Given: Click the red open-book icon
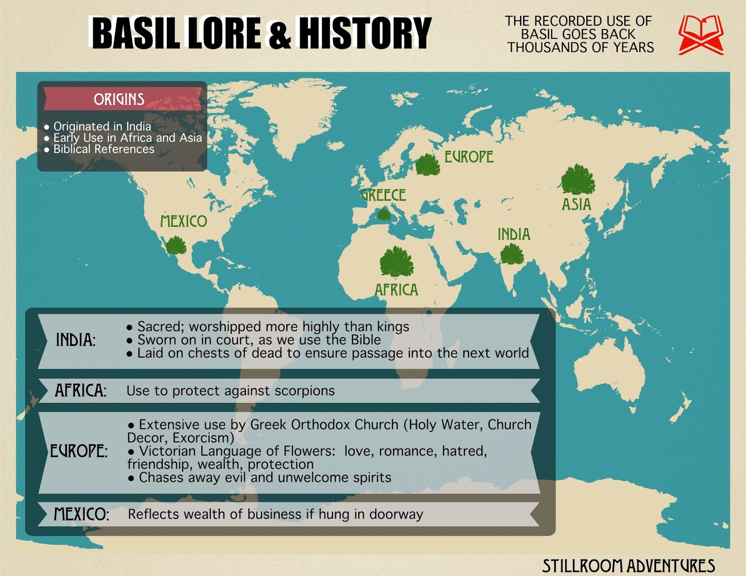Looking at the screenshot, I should coord(700,35).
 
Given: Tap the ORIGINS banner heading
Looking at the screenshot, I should coord(119,99).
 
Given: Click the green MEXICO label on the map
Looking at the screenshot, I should coord(183,221).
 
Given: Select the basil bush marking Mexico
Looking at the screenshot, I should coord(176,245).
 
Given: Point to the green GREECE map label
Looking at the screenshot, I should coord(383,195).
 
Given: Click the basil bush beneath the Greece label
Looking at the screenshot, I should coord(384,214).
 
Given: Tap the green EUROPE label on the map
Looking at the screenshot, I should coord(468,157).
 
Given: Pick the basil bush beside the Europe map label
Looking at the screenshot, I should coord(427,165).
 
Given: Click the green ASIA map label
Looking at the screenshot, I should coord(576,204).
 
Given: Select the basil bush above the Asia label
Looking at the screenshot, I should coord(578,180).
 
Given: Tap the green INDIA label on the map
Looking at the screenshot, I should coord(514,234).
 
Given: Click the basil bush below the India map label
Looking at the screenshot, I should coord(512,255).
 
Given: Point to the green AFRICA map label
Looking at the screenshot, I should coord(396,290).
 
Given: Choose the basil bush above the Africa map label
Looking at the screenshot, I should coord(396,262).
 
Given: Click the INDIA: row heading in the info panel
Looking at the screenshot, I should coord(76,340).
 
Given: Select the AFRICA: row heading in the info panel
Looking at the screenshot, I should coord(80,390).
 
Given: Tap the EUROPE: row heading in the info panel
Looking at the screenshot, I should coord(78,451).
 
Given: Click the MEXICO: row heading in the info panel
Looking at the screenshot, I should coord(81,514).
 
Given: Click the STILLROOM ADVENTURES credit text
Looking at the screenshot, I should coord(628,566).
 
